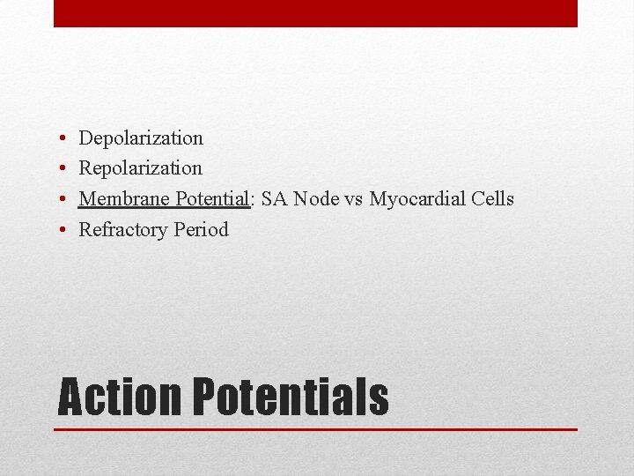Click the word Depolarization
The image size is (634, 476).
pyautogui.click(x=141, y=138)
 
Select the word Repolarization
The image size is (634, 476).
pyautogui.click(x=141, y=168)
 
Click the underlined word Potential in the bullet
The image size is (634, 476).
pyautogui.click(x=211, y=198)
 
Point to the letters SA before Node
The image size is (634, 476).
pyautogui.click(x=275, y=198)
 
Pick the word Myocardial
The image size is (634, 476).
pyautogui.click(x=417, y=199)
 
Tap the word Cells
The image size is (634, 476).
pyautogui.click(x=492, y=198)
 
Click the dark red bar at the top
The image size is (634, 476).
pyautogui.click(x=315, y=13)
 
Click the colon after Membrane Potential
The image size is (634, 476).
pyautogui.click(x=252, y=200)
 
